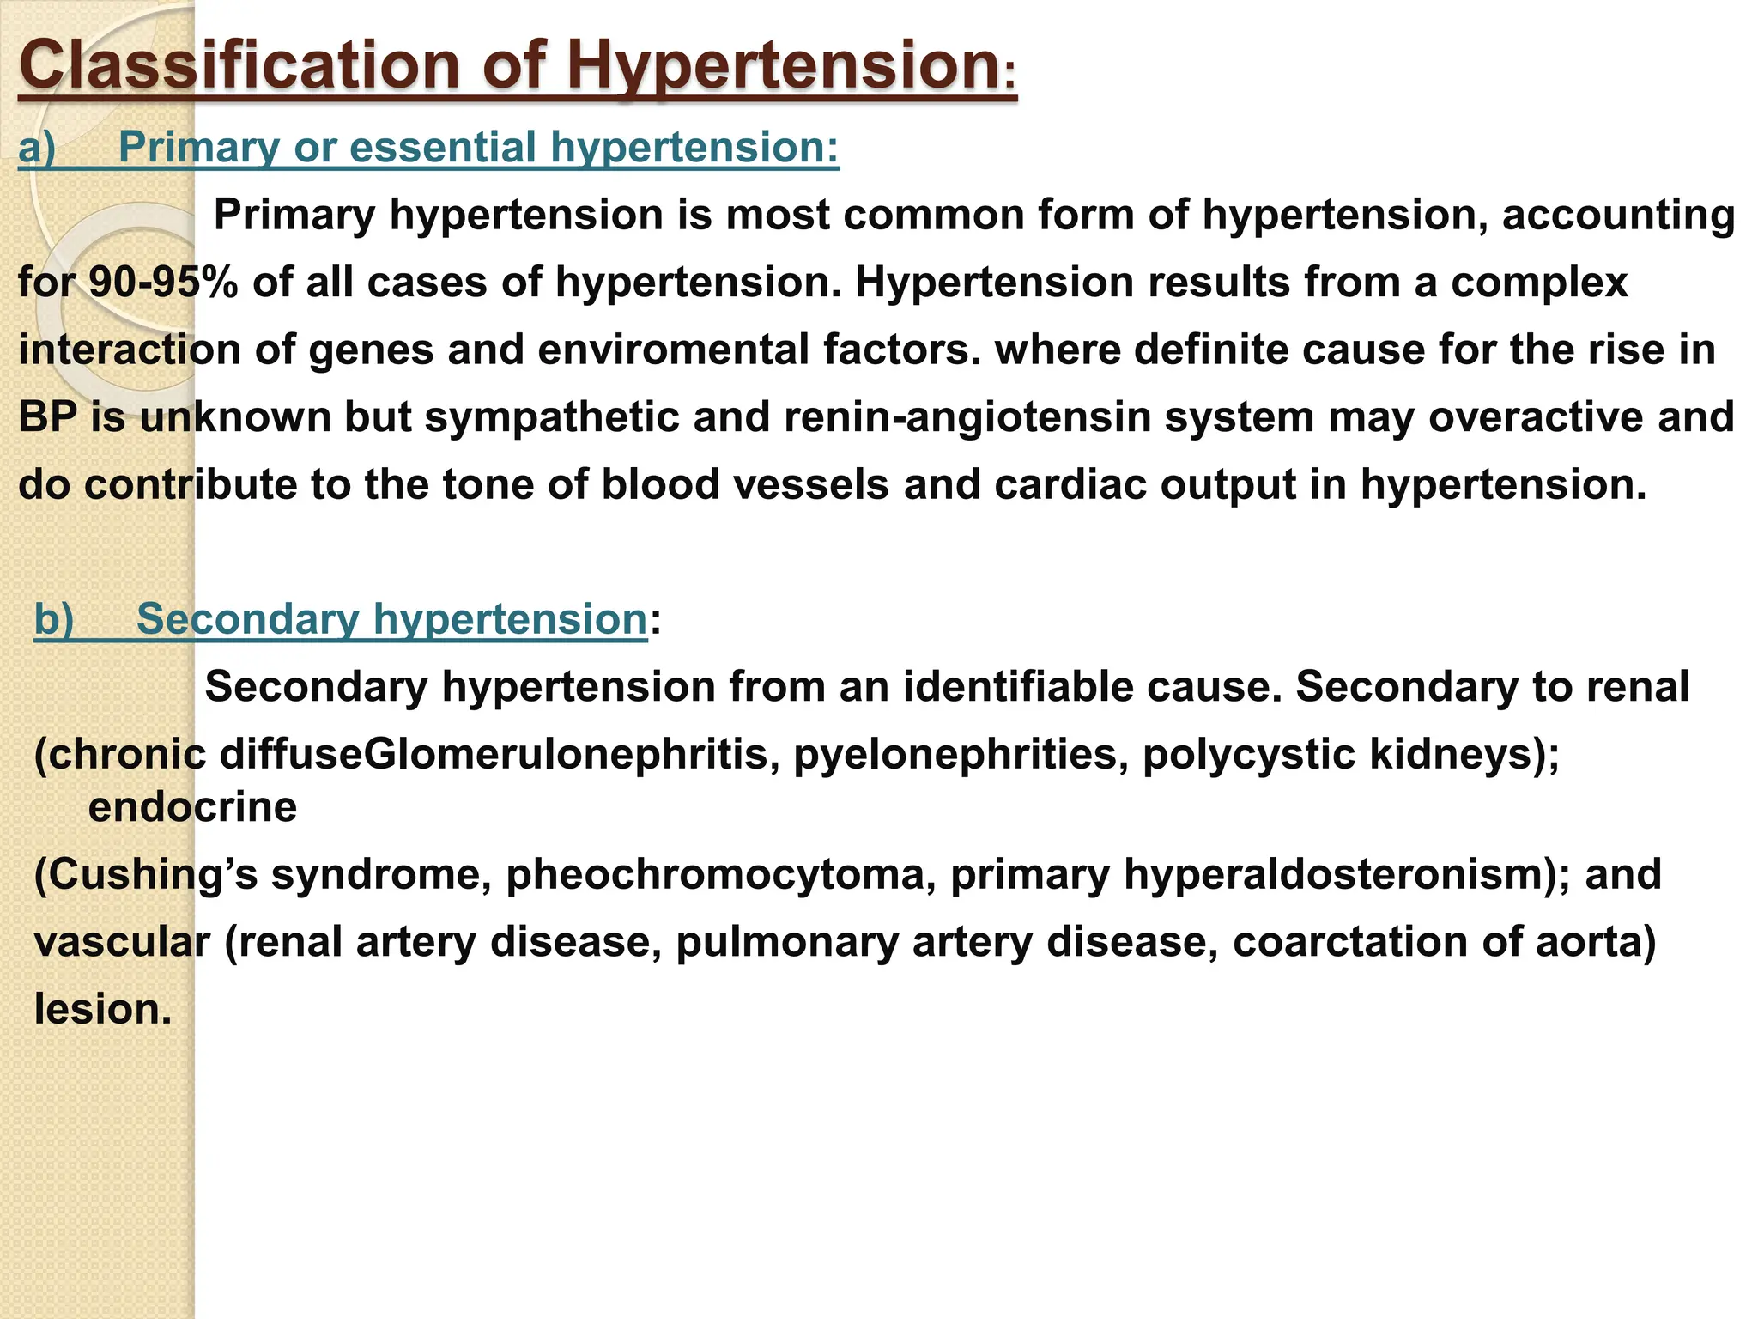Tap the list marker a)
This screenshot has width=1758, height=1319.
37,147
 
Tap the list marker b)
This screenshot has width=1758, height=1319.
53,619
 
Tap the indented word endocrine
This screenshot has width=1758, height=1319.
192,807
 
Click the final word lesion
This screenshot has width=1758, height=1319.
103,1009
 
